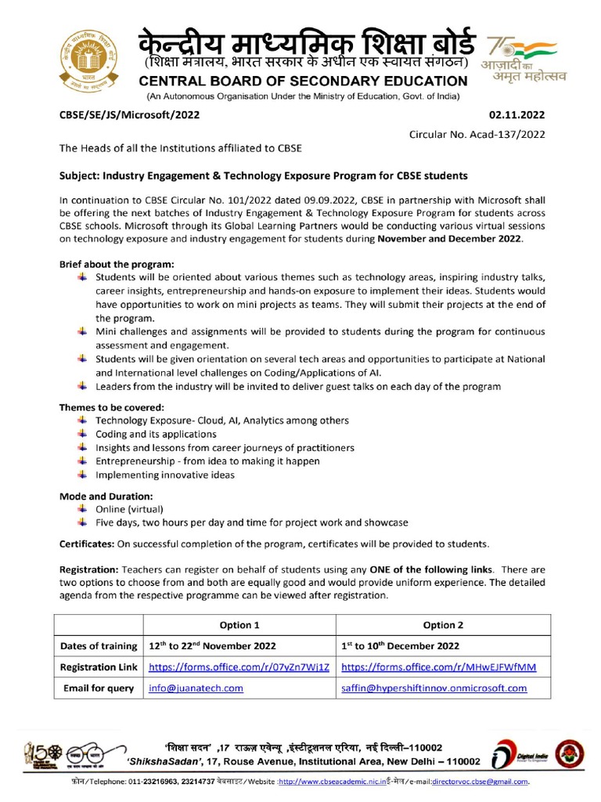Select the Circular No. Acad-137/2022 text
[477, 134]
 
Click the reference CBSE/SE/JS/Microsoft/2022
[130, 114]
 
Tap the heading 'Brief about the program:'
[117, 264]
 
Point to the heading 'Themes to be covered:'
[112, 407]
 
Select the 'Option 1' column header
[239, 625]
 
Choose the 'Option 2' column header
[443, 625]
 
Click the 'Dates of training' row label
[98, 646]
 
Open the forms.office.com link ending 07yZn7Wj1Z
[239, 667]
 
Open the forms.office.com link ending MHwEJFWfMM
[438, 667]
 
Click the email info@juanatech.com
[196, 688]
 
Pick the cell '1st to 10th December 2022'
[401, 646]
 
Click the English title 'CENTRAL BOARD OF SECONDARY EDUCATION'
[304, 81]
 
